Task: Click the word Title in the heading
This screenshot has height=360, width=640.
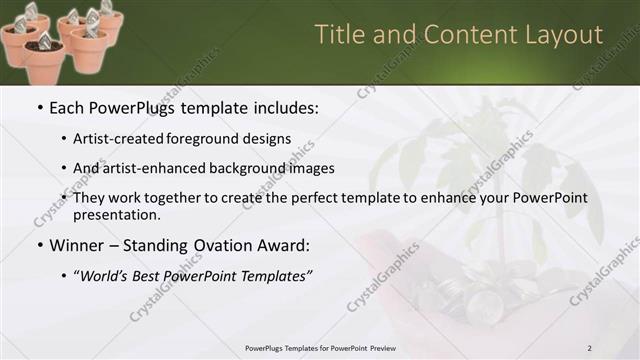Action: (x=338, y=35)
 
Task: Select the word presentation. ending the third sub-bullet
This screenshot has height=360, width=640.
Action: (x=116, y=214)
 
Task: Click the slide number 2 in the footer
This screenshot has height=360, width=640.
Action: (x=590, y=348)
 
